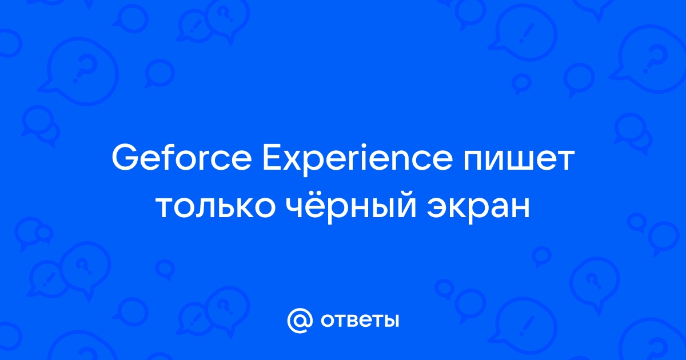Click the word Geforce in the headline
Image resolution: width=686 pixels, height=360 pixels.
coord(182,159)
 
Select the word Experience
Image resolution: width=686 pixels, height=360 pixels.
coord(357,161)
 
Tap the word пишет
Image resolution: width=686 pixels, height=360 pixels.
coord(518,161)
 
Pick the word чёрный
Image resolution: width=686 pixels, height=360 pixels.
coord(352,207)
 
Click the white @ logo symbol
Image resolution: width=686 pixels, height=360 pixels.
coord(300,321)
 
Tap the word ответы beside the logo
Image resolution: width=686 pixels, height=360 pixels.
coord(360,321)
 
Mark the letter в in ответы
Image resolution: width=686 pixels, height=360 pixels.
coord(349,321)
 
